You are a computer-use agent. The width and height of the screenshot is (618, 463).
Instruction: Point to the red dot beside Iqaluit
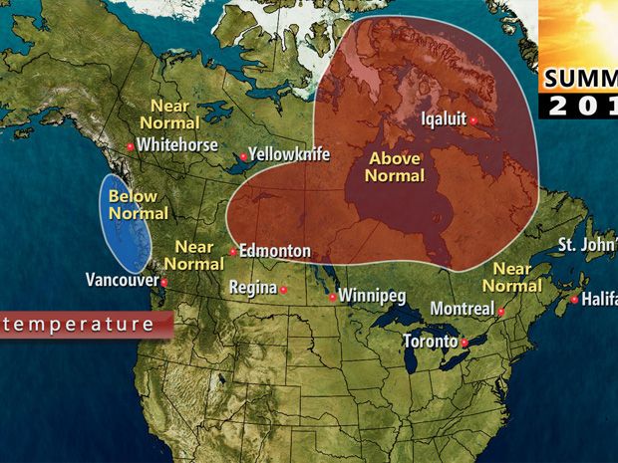(474, 120)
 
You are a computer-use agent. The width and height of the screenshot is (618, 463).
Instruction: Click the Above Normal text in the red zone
(395, 167)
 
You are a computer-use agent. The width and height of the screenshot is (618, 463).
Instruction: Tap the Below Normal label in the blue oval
(132, 204)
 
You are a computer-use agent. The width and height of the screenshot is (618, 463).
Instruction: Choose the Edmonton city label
(275, 251)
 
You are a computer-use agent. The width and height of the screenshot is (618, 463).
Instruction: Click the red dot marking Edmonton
(232, 252)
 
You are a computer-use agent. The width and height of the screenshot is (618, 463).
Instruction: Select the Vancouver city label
(122, 280)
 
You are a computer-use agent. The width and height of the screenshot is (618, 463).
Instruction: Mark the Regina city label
(251, 288)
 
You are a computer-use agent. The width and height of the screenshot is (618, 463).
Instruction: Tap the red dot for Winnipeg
(332, 297)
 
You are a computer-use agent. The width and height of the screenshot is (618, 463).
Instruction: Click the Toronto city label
(431, 341)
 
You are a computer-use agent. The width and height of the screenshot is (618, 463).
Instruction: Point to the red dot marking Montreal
(501, 313)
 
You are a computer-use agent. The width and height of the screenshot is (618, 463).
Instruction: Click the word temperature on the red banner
(81, 324)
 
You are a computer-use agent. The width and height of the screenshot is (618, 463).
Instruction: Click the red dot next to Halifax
(574, 299)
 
